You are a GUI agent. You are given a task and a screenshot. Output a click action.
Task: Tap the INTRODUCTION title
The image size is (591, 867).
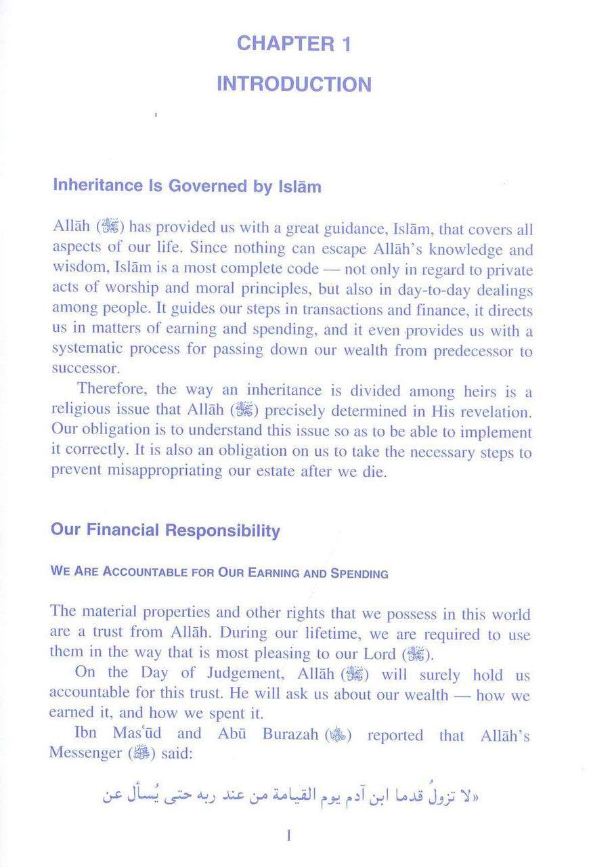point(294,85)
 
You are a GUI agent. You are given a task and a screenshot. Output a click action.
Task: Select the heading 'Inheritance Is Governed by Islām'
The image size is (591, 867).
point(186,187)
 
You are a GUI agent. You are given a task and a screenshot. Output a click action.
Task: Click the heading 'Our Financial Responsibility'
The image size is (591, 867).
point(166,530)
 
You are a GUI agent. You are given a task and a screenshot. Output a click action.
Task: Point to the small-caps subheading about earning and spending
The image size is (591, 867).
point(219,573)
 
